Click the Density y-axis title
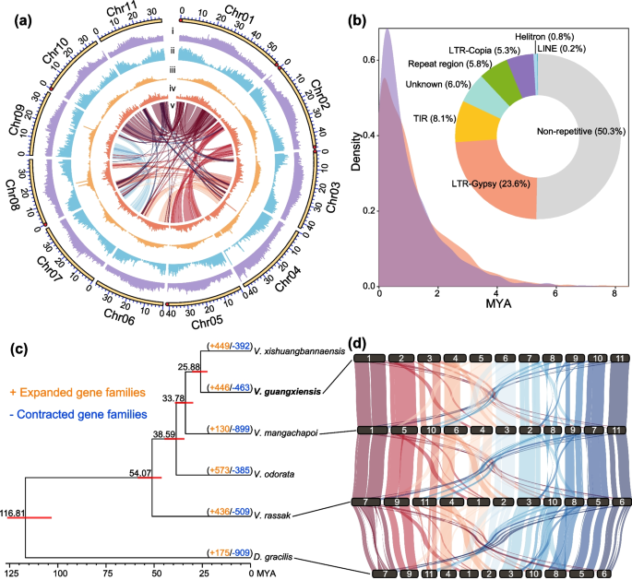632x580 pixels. coord(355,148)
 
